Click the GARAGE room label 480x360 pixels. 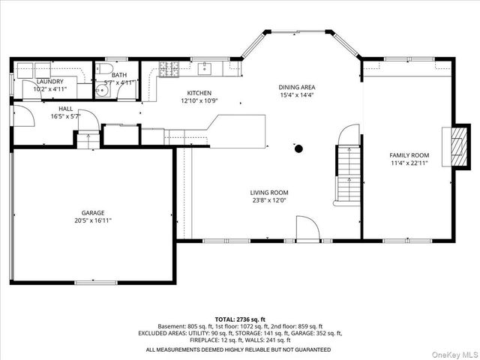coord(93,213)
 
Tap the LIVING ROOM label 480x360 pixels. coord(269,193)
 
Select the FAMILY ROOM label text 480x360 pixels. coord(409,155)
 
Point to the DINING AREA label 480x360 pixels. coord(297,87)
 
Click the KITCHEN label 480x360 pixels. coord(199,93)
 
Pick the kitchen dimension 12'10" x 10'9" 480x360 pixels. coord(199,100)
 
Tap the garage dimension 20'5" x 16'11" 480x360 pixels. coord(93,220)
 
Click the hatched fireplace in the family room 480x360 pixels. coord(460,147)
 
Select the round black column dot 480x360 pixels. coord(298,149)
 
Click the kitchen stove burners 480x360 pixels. coord(169,69)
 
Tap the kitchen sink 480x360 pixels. coord(204,68)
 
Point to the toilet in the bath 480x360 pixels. coord(105,68)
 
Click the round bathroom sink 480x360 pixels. coord(102,91)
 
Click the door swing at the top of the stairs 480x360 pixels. coord(348,134)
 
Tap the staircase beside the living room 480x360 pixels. coord(348,175)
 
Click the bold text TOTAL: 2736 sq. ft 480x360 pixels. coord(240,320)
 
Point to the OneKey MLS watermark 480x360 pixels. coord(455,355)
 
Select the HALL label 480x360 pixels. coord(66,109)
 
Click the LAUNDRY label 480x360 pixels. coord(50,82)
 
